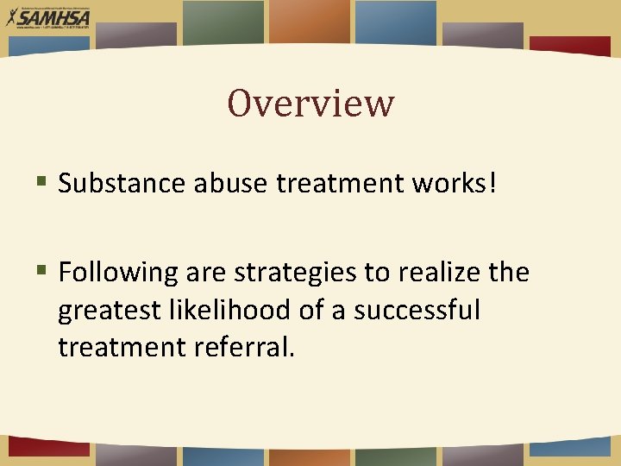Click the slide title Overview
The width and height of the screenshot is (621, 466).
tap(310, 103)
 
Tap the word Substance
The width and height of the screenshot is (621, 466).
tap(121, 183)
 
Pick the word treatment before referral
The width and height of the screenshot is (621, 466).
tap(121, 347)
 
